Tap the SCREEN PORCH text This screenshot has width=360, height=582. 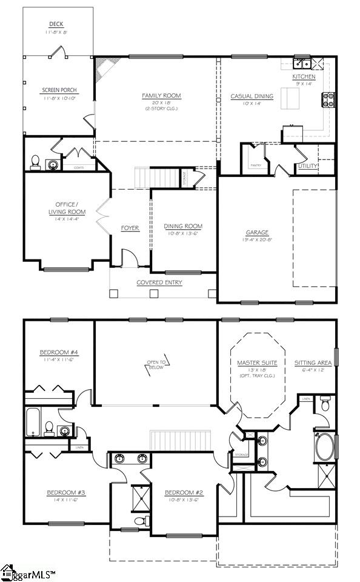pos(59,90)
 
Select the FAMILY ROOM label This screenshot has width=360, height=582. pos(161,96)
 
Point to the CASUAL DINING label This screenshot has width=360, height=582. pos(252,96)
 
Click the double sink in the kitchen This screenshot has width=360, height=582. pos(301,62)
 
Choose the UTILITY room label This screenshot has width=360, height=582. pos(307,166)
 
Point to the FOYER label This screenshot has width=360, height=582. pos(130,228)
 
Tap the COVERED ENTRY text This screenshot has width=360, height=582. pos(159,282)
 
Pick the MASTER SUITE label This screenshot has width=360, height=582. pos(257,363)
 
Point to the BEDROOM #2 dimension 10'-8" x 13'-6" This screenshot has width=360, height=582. pos(183,500)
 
